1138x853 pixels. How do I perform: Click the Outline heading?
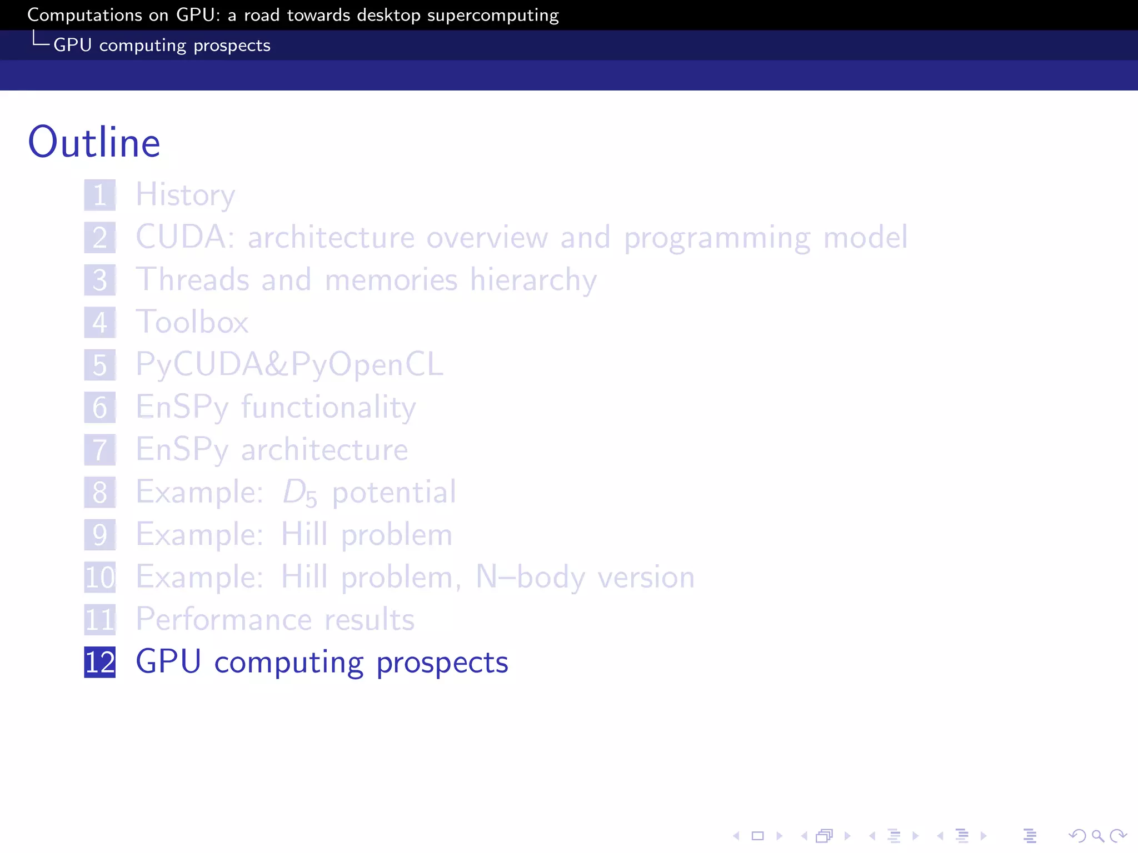(94, 142)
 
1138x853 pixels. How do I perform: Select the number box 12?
(100, 662)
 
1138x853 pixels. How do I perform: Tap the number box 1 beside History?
(100, 195)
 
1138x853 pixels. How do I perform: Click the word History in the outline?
(186, 195)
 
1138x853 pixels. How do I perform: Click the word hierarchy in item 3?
(533, 280)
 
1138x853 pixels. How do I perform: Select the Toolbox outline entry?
(192, 322)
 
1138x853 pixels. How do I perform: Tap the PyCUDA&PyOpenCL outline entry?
(290, 365)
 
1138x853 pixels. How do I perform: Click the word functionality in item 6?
(328, 407)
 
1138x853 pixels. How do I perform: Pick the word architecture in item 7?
(325, 450)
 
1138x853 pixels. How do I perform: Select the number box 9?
(100, 534)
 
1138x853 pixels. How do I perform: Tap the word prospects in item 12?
(442, 663)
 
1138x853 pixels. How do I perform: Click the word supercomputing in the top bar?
(493, 15)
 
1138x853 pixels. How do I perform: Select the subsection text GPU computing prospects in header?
(162, 45)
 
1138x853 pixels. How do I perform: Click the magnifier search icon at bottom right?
(1097, 835)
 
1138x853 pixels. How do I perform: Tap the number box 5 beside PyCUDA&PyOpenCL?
(100, 365)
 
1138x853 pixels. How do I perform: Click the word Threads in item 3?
(192, 279)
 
